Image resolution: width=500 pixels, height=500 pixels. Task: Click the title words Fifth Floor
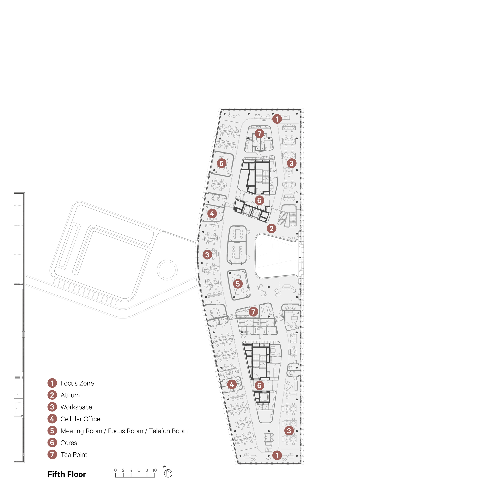coord(67,474)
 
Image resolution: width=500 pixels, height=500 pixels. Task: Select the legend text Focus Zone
coord(77,383)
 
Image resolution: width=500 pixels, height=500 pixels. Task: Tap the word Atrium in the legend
coord(70,395)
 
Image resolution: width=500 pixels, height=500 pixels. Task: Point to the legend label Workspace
coord(76,407)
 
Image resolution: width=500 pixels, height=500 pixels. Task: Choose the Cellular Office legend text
coord(80,419)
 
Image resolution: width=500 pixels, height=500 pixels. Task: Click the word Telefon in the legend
coord(159,431)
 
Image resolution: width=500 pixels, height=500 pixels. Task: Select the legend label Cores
coord(69,443)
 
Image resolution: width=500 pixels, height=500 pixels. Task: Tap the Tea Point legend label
coord(74,455)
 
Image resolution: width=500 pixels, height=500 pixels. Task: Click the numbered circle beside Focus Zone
coord(52,383)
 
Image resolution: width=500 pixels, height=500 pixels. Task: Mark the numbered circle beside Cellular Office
coord(52,419)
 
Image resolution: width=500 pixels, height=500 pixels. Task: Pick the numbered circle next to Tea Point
coord(52,455)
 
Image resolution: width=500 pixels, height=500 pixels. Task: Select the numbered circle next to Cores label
coord(52,443)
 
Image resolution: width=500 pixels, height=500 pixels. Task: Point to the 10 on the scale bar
coord(154,470)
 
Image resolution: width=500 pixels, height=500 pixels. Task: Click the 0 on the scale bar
coord(115,470)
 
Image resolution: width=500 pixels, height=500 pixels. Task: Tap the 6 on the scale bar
coord(139,470)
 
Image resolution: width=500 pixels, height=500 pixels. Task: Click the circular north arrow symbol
coord(168,473)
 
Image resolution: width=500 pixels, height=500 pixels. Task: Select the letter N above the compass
coord(164,466)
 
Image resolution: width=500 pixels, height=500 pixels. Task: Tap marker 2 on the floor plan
coord(271,228)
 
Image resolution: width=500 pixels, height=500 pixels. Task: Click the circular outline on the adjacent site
coord(167,270)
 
